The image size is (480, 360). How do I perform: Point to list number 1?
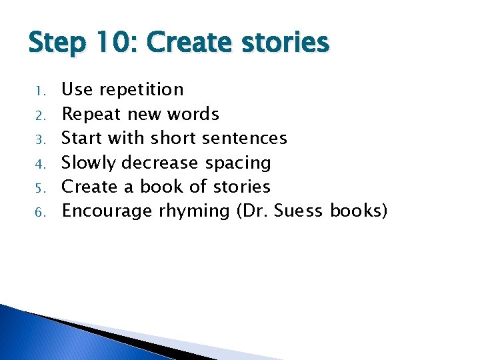40,90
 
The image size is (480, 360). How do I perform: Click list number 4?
40,163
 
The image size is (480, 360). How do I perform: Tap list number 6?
40,212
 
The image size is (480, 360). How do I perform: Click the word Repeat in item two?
91,114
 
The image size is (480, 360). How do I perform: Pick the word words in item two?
193,114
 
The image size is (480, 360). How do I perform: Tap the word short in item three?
174,139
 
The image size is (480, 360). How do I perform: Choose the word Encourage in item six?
107,211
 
